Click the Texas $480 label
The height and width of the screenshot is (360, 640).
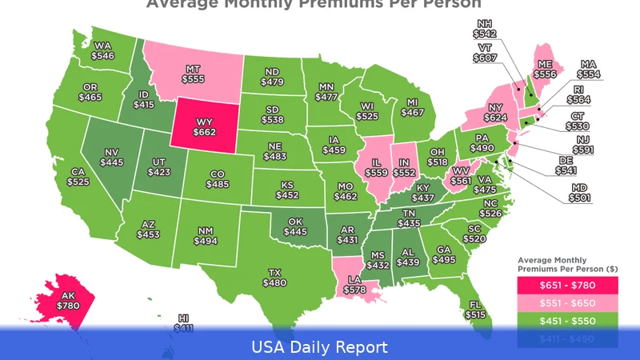tap(274, 277)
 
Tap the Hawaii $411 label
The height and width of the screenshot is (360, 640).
tap(183, 322)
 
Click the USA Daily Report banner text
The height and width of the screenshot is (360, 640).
tap(320, 347)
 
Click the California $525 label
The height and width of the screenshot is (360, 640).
tap(78, 177)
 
